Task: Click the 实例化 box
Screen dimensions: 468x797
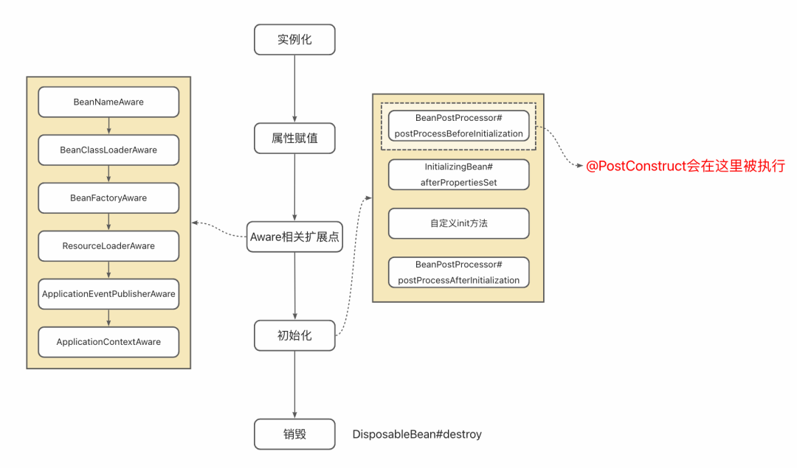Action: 294,40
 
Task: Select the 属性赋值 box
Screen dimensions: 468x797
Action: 294,139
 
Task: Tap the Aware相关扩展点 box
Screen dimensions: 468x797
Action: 294,237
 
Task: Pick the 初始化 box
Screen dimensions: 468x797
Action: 294,335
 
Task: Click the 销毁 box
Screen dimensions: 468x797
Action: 294,434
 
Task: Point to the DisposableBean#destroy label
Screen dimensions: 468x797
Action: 417,435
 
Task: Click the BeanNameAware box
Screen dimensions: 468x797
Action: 108,102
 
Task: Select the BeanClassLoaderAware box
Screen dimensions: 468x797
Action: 108,150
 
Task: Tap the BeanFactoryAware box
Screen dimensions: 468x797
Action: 108,198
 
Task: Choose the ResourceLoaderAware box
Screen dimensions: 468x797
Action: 108,245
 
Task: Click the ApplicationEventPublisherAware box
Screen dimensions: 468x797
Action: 108,294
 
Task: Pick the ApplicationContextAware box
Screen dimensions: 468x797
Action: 108,342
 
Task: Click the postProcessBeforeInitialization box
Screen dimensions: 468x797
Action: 458,126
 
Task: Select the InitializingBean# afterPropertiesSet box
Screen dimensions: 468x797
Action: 458,175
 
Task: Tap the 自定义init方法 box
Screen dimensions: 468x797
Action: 458,223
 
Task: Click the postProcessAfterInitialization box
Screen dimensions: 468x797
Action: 458,272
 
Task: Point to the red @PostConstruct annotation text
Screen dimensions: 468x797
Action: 686,167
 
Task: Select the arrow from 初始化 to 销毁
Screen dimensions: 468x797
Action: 294,384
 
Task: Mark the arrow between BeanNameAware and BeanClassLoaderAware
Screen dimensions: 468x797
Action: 108,126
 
